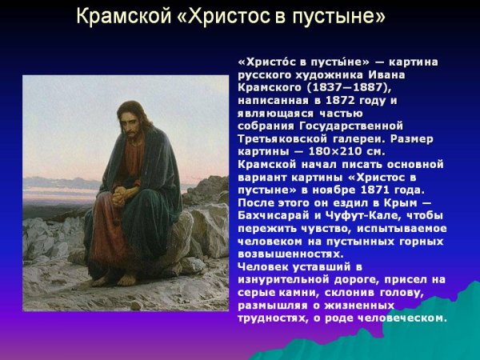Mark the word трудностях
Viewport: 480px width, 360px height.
point(277,318)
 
